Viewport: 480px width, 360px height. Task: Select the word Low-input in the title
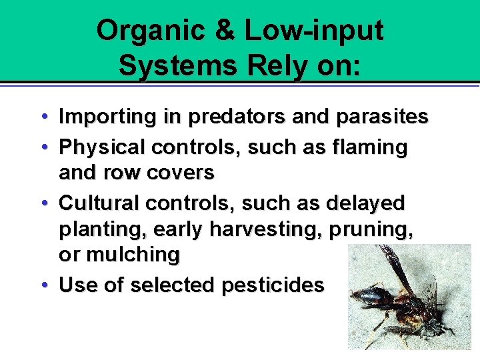pos(314,31)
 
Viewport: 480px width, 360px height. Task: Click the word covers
pos(181,173)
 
